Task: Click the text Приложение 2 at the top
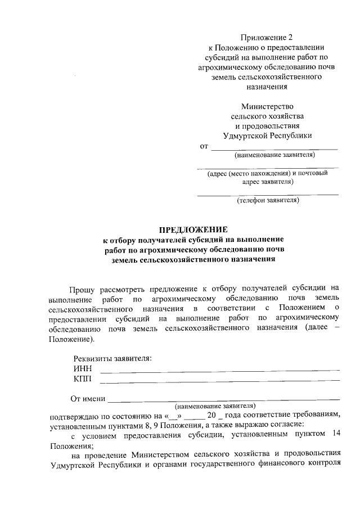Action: pyautogui.click(x=267, y=38)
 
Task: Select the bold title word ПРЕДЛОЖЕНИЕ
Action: pyautogui.click(x=193, y=229)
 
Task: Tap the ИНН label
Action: pyautogui.click(x=82, y=368)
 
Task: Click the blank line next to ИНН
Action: pyautogui.click(x=219, y=370)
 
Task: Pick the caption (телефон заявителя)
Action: pyautogui.click(x=267, y=200)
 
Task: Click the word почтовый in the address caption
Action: pyautogui.click(x=313, y=173)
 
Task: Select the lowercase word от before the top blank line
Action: pyautogui.click(x=204, y=147)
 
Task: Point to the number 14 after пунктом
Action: pyautogui.click(x=335, y=434)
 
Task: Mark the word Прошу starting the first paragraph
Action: pyautogui.click(x=82, y=290)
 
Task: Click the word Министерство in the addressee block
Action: pyautogui.click(x=267, y=106)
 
